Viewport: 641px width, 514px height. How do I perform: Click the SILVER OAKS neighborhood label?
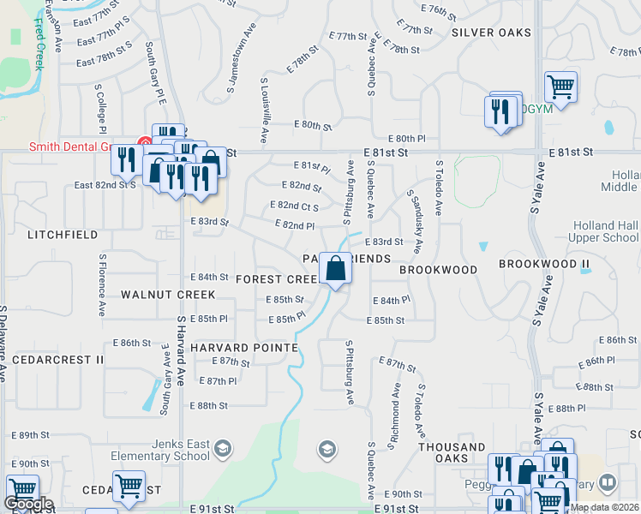click(x=491, y=33)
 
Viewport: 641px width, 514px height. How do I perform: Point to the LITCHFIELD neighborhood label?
click(x=58, y=234)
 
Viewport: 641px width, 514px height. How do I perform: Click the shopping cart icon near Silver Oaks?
click(x=560, y=86)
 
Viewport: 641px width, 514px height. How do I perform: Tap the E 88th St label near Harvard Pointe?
click(x=208, y=405)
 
